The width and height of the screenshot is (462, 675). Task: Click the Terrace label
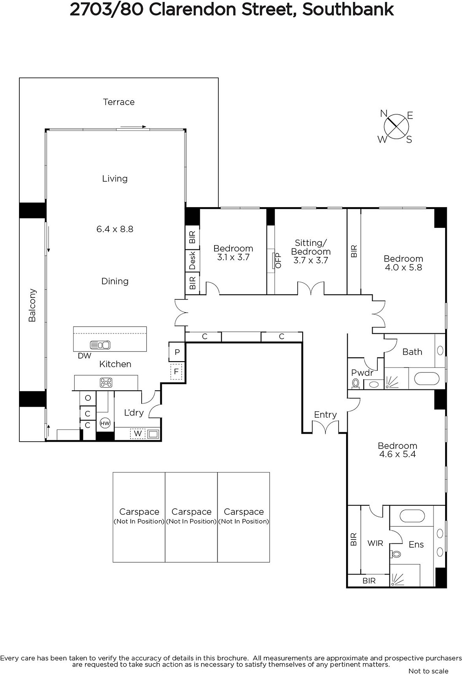119,102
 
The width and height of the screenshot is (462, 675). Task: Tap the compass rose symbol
396,127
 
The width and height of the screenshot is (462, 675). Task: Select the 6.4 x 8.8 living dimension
115,229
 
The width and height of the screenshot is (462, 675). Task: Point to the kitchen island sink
100,345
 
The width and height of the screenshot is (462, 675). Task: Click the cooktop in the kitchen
106,383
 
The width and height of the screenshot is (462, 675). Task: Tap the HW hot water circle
105,423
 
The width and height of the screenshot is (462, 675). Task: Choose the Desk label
192,261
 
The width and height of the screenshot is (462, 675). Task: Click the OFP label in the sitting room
278,261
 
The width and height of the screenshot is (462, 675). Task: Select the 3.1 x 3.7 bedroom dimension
234,257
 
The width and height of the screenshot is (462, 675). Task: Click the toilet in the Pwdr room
356,383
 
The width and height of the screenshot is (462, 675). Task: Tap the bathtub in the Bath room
427,378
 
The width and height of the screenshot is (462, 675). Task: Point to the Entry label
325,415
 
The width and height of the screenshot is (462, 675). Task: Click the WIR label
375,543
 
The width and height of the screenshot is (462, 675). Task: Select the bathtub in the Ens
412,516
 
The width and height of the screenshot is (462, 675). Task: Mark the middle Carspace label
191,512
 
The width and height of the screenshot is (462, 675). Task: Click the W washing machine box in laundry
138,434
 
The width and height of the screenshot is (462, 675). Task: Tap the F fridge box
176,372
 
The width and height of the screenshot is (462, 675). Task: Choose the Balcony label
32,305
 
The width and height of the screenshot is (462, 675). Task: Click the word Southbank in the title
348,10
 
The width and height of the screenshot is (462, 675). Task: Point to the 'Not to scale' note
428,671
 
